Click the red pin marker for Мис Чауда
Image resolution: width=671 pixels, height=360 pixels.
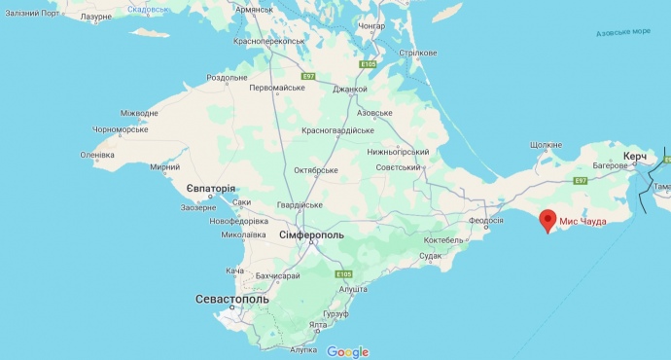547,222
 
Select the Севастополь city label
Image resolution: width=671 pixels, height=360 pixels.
231,300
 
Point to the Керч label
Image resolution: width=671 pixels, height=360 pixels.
635,157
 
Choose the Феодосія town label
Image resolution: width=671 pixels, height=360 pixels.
486,221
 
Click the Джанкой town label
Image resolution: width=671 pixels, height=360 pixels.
350,90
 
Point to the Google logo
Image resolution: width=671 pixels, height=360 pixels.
347,351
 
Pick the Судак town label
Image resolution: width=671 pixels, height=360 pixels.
431,256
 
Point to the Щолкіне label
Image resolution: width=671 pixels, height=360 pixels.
547,145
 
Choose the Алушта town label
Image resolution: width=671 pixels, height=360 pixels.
351,289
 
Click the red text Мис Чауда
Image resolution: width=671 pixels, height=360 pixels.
583,222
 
